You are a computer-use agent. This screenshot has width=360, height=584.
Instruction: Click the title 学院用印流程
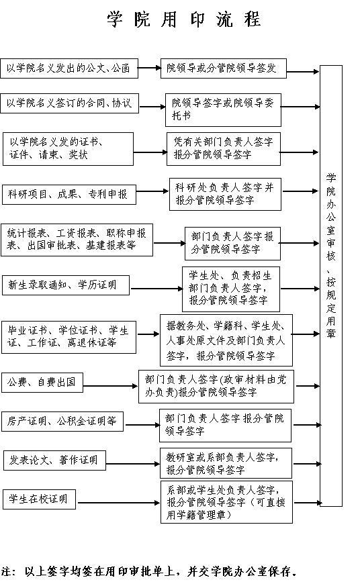coord(184,19)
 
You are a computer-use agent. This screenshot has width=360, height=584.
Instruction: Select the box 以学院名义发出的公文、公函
coord(69,68)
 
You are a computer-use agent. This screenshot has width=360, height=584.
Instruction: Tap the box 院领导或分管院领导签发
coord(224,68)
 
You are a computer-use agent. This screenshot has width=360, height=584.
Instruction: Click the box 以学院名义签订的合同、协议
coord(69,103)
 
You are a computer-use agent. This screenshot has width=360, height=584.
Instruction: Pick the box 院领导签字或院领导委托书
coord(223,110)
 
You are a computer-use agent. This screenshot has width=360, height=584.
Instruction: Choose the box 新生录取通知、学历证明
coord(66,285)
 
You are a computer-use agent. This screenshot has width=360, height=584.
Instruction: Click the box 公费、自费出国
coord(42,382)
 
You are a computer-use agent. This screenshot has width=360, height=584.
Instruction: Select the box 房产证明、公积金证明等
coord(62,422)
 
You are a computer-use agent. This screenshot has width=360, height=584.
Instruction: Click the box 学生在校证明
coord(40,499)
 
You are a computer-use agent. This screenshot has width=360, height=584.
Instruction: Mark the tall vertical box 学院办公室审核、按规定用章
coord(331,286)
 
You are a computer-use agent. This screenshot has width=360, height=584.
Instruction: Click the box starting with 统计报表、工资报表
coord(77,240)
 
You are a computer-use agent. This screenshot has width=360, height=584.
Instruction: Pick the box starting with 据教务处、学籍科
coord(226,340)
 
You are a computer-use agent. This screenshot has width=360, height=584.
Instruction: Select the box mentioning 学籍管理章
coord(226,502)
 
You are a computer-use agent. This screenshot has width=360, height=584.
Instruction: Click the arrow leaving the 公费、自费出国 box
coord(111,386)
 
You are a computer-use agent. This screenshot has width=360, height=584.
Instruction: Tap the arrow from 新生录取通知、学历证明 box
coord(156,289)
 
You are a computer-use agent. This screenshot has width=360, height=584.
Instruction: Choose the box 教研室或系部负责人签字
coord(226,463)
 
